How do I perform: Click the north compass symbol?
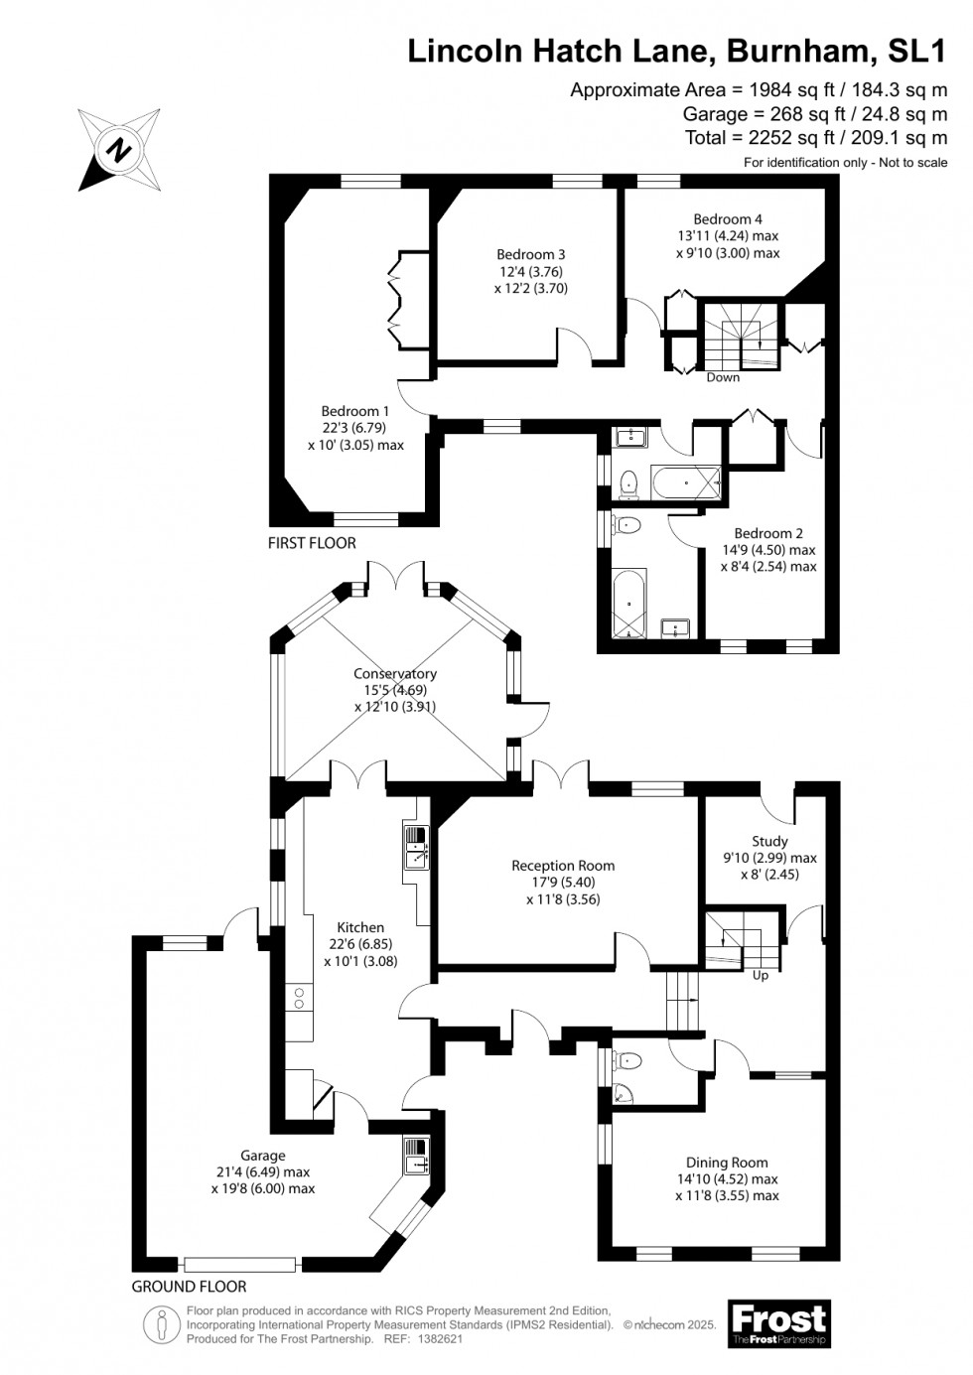point(120,151)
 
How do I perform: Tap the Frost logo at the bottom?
point(778,1323)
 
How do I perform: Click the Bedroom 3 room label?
point(531,254)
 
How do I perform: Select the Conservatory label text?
point(395,673)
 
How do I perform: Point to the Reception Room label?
point(563,866)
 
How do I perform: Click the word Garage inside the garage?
point(262,1155)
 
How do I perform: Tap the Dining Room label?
point(727,1163)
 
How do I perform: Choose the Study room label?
point(769,841)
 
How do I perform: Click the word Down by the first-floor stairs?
point(723,377)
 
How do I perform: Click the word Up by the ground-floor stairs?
point(761,975)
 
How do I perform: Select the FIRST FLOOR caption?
point(312,543)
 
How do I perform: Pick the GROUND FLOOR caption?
point(189,1287)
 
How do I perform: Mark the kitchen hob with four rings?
point(297,998)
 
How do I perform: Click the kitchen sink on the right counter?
point(414,846)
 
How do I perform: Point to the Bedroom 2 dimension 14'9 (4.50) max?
point(767,550)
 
